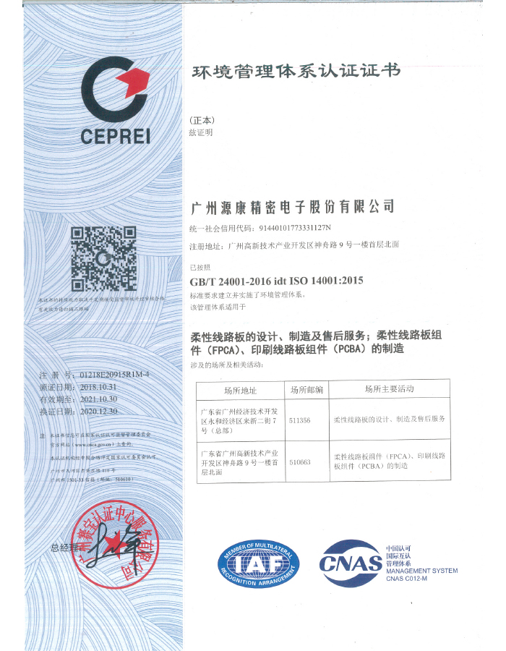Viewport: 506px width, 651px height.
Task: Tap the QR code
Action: (x=103, y=259)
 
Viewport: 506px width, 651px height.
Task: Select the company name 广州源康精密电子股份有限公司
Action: (x=292, y=207)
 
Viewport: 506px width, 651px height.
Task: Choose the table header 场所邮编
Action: (x=307, y=390)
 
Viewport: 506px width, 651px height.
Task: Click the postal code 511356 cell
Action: (x=299, y=420)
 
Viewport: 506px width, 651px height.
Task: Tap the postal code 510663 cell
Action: (x=299, y=461)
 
